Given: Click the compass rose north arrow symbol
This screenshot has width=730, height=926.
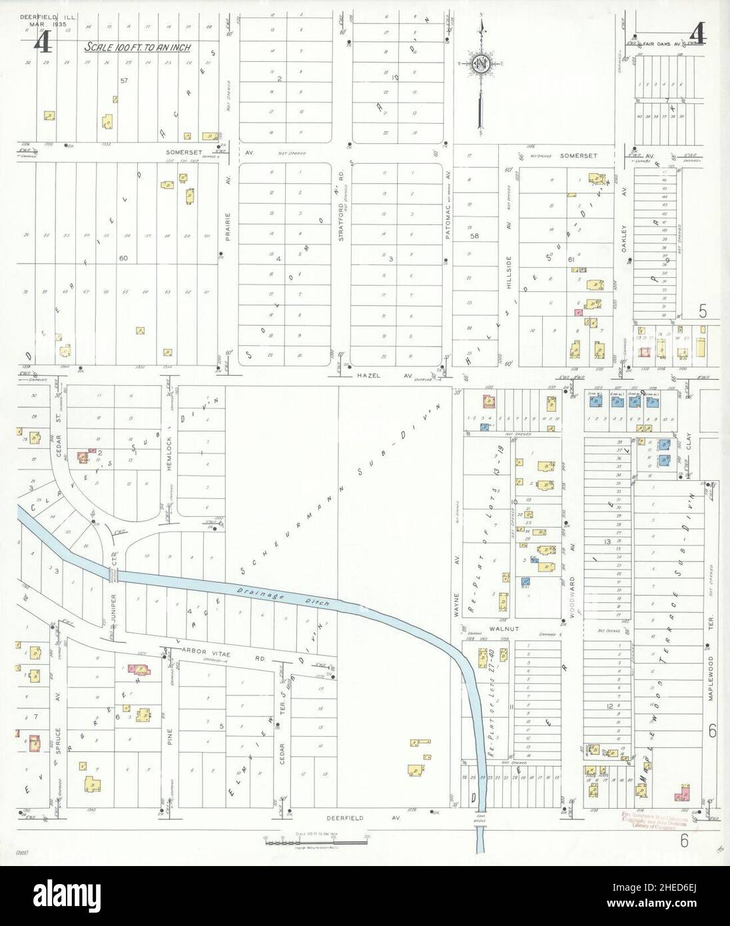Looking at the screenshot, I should [480, 64].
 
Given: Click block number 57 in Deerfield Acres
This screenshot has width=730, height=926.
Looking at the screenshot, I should [123, 81].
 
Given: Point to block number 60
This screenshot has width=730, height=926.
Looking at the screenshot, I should [123, 257].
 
